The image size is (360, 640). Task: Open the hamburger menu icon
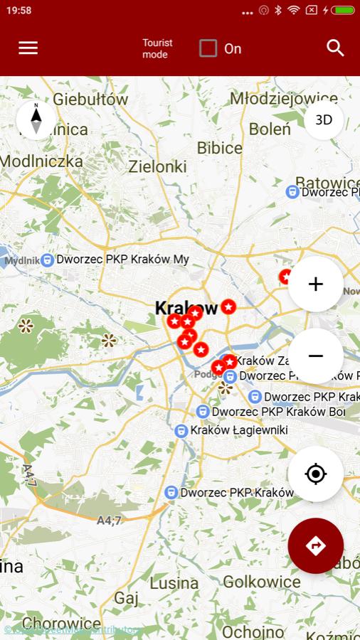click(28, 48)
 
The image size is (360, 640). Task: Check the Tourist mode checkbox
click(208, 48)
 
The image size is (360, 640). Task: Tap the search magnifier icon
click(335, 48)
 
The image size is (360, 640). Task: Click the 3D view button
click(324, 119)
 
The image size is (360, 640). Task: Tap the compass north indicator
click(36, 118)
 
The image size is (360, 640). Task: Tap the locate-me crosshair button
click(316, 474)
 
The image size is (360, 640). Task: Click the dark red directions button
click(316, 545)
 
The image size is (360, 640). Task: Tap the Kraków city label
click(186, 308)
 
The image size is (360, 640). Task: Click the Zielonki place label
click(157, 166)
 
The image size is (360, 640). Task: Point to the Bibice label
click(220, 148)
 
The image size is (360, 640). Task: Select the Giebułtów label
click(90, 99)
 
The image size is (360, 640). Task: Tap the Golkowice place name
click(262, 582)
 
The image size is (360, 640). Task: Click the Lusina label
click(174, 583)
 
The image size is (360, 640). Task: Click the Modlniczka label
click(41, 161)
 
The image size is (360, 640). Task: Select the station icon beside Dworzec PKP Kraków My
click(47, 260)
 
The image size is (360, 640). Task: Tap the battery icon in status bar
click(343, 11)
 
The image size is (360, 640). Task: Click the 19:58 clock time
click(18, 11)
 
